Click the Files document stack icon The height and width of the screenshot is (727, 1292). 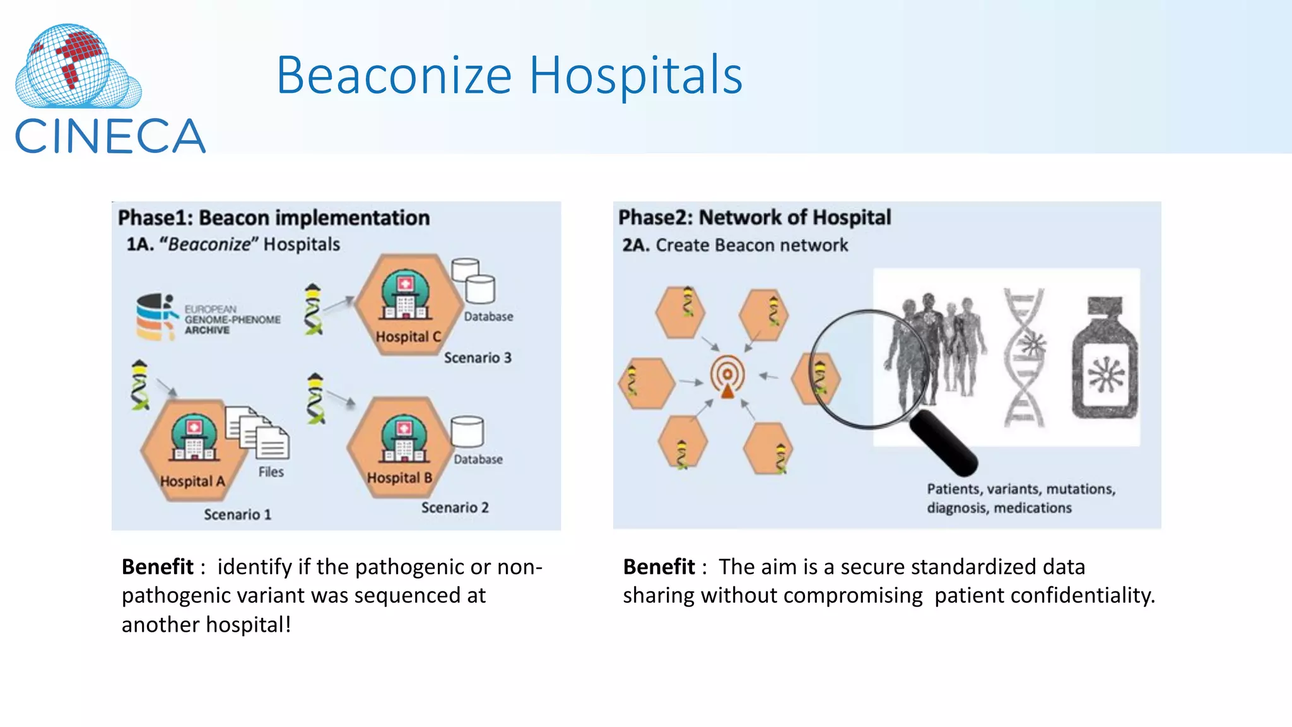[x=258, y=432]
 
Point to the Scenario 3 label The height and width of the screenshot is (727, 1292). [x=477, y=358]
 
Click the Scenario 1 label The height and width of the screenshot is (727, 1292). [x=237, y=514]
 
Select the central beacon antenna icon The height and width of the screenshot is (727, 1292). [x=727, y=377]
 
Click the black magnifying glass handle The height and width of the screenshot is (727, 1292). [x=944, y=442]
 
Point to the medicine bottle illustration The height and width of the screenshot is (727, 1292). [x=1105, y=359]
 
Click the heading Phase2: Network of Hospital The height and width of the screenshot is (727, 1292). [x=754, y=217]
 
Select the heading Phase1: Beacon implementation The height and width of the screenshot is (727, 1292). [x=274, y=218]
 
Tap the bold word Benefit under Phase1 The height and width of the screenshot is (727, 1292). [x=158, y=567]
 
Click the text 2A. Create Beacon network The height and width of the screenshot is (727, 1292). [x=735, y=245]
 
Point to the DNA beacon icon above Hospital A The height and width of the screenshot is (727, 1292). [x=139, y=385]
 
